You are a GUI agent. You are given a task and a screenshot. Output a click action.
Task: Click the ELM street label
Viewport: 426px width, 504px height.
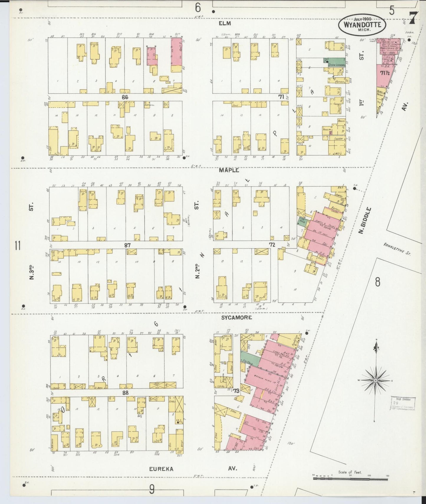(x=225, y=23)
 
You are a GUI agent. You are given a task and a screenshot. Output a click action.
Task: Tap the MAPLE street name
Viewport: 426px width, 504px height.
(x=229, y=170)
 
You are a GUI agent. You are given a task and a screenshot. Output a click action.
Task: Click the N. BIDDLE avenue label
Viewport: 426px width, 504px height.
(x=365, y=220)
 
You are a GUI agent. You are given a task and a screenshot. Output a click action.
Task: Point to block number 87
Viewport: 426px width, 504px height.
(x=127, y=245)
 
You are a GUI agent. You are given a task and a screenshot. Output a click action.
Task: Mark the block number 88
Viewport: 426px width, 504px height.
(x=125, y=393)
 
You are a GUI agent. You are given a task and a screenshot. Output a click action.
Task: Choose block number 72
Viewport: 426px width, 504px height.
(x=272, y=245)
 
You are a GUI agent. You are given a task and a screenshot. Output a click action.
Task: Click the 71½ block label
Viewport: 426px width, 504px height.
(x=385, y=73)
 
